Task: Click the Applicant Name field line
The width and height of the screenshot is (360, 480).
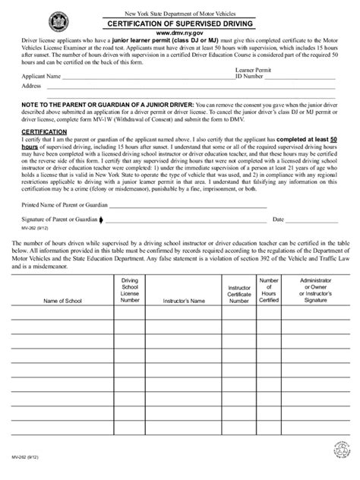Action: pyautogui.click(x=144, y=77)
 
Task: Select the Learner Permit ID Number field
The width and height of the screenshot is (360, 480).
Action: pyautogui.click(x=304, y=77)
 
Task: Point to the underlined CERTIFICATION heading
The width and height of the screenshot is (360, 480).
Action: pyautogui.click(x=43, y=131)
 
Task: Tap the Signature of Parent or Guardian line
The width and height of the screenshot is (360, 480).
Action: pyautogui.click(x=182, y=219)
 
